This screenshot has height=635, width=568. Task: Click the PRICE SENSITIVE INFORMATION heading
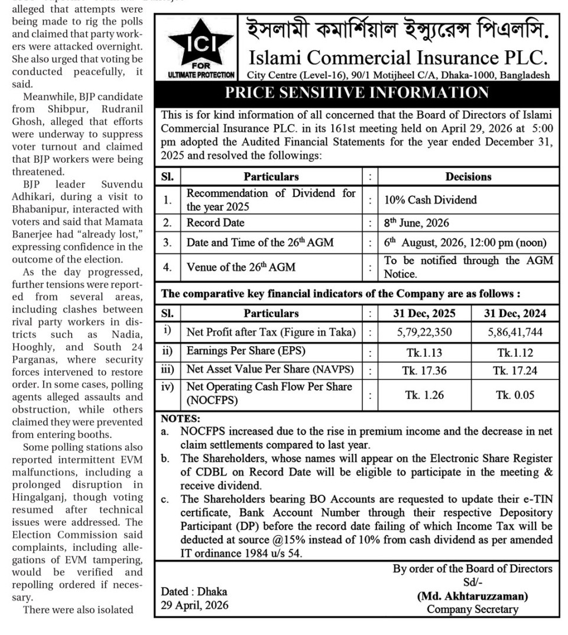pos(357,93)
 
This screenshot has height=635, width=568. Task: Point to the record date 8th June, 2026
pos(416,223)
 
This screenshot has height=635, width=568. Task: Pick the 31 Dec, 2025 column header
pos(424,313)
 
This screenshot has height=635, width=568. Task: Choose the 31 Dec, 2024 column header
pos(515,313)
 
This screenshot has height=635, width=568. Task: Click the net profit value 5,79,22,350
pos(424,333)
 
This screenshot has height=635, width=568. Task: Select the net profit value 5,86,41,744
pos(515,333)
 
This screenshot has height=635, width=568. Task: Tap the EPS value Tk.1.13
pos(424,352)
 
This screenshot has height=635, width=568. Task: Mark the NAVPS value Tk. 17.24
pos(515,371)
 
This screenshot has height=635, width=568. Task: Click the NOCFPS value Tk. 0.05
pos(515,395)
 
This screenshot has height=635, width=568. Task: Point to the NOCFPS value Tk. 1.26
pos(424,395)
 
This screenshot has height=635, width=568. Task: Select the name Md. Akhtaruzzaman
pos(472,596)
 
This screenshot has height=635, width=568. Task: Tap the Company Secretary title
pos(472,609)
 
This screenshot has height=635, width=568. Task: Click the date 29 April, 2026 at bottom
pos(194,605)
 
